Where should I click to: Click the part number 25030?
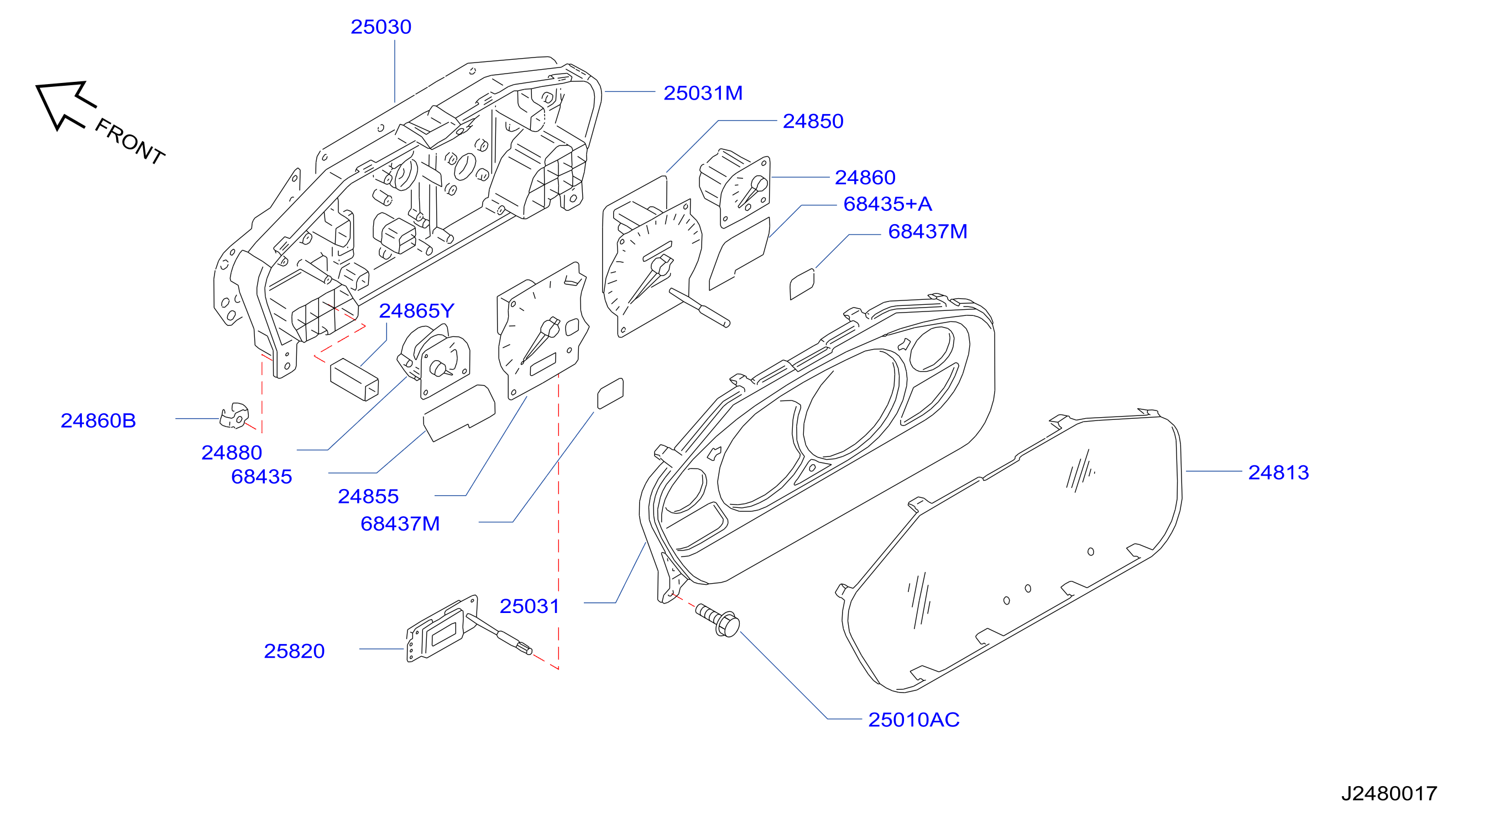click(381, 27)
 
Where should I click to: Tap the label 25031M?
click(703, 93)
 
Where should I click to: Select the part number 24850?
click(813, 121)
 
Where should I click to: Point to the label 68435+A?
click(887, 204)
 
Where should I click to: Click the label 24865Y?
click(416, 310)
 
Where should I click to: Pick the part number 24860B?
click(98, 420)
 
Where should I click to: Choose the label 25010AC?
click(913, 719)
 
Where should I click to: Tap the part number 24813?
click(1278, 472)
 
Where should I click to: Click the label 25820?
click(294, 651)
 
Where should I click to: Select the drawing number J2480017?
click(1389, 793)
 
